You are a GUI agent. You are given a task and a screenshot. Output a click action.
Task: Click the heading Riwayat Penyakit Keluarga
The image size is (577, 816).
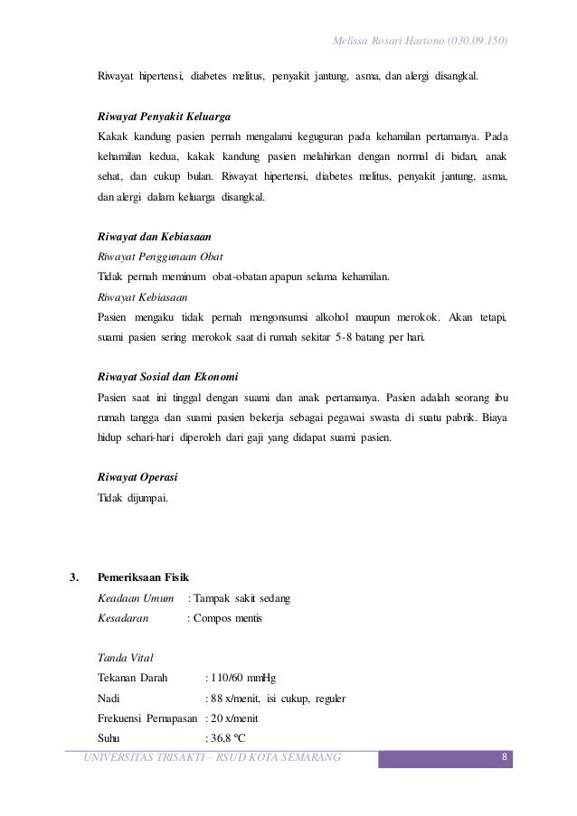pos(164,117)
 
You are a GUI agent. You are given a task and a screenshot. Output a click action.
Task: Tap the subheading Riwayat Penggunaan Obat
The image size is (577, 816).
pos(160,255)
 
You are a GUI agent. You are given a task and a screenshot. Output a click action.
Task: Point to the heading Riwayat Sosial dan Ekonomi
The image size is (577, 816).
pos(167,376)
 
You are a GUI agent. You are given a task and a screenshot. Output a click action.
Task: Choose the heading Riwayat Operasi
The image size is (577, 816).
pos(137,475)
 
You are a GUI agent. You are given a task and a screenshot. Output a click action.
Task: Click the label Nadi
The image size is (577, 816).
pos(107,698)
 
